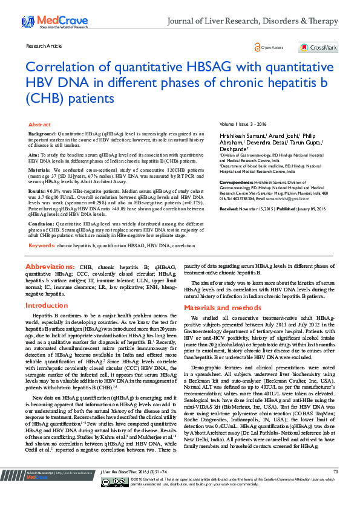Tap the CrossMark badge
pos(318,47)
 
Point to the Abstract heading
pos(39,123)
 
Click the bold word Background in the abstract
pos(42,132)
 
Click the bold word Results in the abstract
pos(38,191)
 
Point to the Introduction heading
pos(47,306)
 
